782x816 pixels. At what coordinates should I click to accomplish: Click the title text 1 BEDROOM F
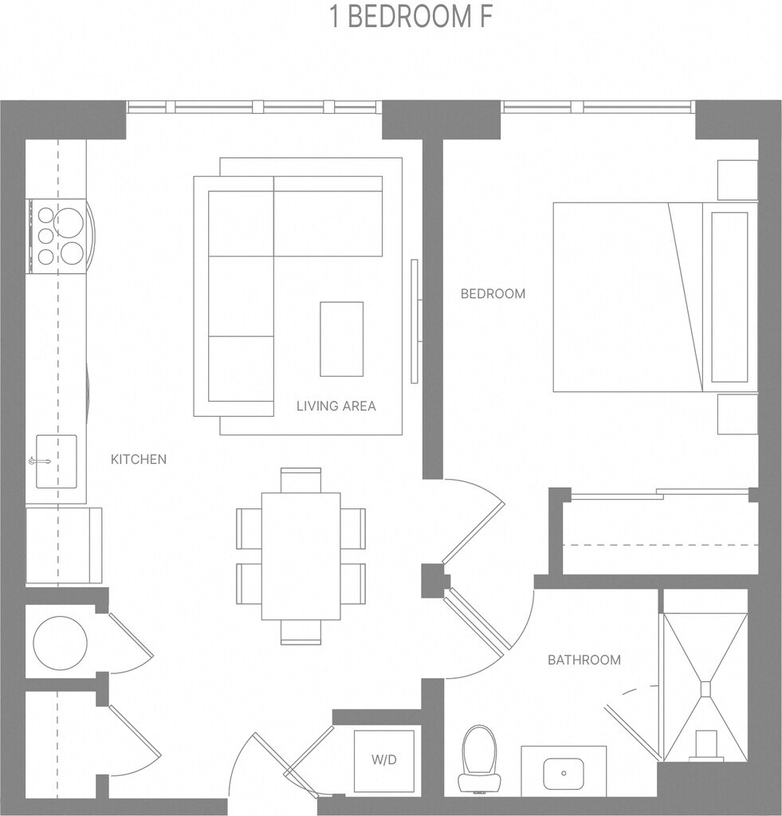pyautogui.click(x=412, y=18)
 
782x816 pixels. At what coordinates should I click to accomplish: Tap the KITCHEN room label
pyautogui.click(x=139, y=459)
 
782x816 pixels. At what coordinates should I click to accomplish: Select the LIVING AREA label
pyautogui.click(x=336, y=406)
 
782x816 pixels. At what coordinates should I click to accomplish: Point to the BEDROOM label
pyautogui.click(x=493, y=293)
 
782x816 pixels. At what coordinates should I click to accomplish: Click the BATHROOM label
pyautogui.click(x=584, y=660)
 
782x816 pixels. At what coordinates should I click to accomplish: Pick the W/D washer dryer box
pyautogui.click(x=383, y=760)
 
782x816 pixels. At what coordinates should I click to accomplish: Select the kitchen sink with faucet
pyautogui.click(x=56, y=461)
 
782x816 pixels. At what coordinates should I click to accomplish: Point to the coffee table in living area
pyautogui.click(x=341, y=339)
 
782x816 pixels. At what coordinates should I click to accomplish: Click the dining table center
pyautogui.click(x=301, y=555)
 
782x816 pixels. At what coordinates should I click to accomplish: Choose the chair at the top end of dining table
pyautogui.click(x=301, y=480)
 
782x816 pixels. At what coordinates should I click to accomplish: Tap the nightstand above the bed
pyautogui.click(x=737, y=180)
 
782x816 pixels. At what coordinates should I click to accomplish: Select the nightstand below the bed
pyautogui.click(x=737, y=414)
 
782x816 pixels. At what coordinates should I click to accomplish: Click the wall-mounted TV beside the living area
pyautogui.click(x=415, y=320)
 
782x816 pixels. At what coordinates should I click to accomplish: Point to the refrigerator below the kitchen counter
pyautogui.click(x=64, y=545)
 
